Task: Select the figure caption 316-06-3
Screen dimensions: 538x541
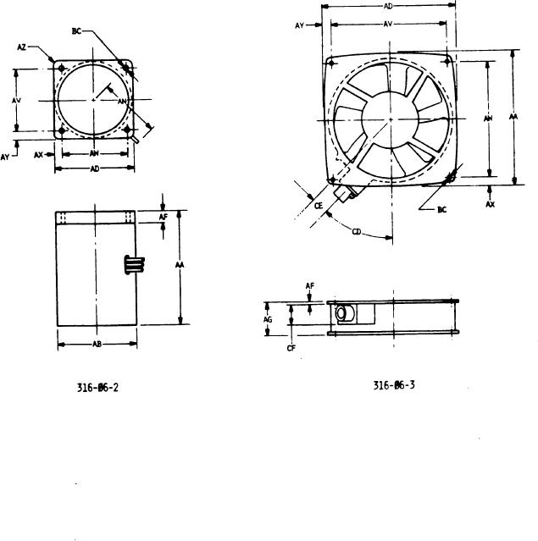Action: tap(394, 386)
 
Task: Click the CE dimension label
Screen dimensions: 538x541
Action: tap(319, 204)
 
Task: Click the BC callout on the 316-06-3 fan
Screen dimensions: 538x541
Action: tap(442, 210)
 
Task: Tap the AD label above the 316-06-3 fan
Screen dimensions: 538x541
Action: tap(388, 6)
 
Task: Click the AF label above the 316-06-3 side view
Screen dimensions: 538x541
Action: tap(312, 286)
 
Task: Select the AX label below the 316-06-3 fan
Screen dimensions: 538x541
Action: tap(491, 205)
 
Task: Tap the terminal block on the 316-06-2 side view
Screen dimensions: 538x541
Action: tap(130, 264)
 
